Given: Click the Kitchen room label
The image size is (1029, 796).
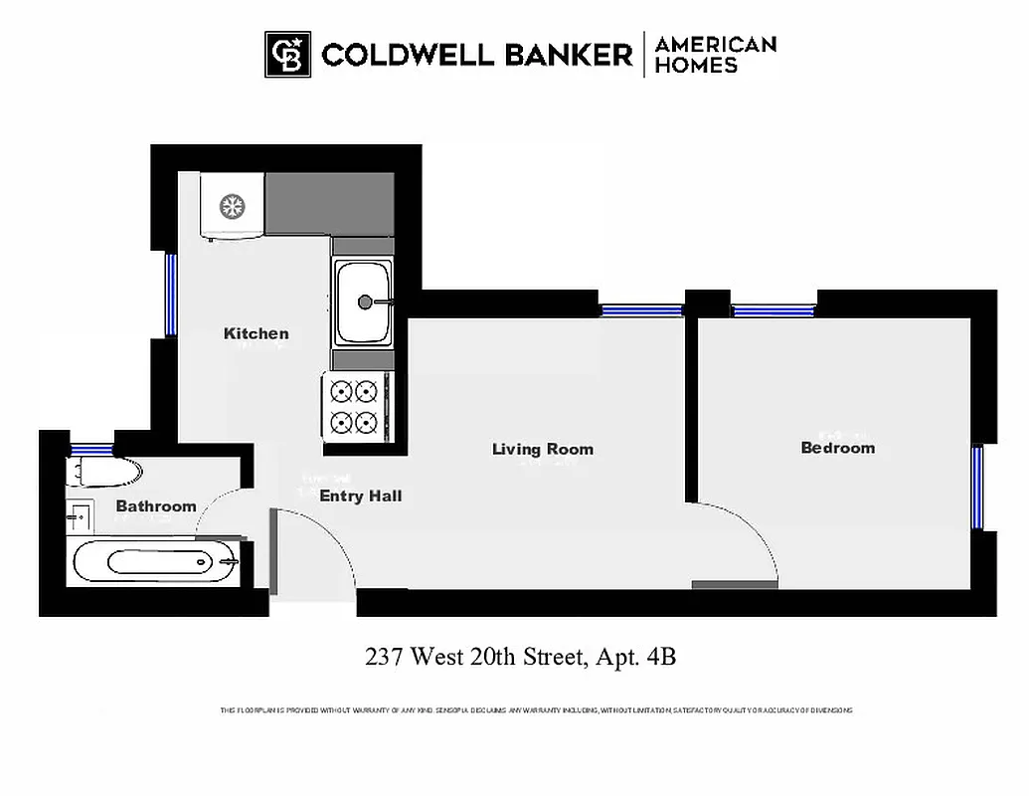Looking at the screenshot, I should click(x=256, y=333).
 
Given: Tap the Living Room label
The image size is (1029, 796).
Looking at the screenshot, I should click(x=542, y=449).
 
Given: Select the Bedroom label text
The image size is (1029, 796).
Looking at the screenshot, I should click(x=837, y=448).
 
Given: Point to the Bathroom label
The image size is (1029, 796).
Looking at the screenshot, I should click(x=156, y=506).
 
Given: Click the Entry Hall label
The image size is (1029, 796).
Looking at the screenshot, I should click(x=360, y=496).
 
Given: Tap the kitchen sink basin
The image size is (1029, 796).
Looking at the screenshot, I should click(x=363, y=300).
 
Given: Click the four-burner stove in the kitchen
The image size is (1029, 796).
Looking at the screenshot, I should click(x=356, y=406).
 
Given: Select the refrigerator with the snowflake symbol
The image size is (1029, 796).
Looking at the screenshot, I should click(x=233, y=206).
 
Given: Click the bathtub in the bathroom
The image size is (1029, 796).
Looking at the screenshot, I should click(x=157, y=562).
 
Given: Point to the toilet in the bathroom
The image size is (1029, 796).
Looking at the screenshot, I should click(x=103, y=472).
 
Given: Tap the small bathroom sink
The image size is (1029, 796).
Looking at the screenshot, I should click(x=80, y=516).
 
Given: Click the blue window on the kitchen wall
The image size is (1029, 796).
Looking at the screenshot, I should click(x=171, y=295).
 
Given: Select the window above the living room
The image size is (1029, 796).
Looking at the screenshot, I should click(x=641, y=310).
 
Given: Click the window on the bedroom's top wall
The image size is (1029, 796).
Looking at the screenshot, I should click(x=773, y=310).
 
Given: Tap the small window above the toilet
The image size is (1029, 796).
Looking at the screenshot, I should click(x=91, y=447).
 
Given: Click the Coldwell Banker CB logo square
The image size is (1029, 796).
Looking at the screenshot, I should click(x=287, y=54).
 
